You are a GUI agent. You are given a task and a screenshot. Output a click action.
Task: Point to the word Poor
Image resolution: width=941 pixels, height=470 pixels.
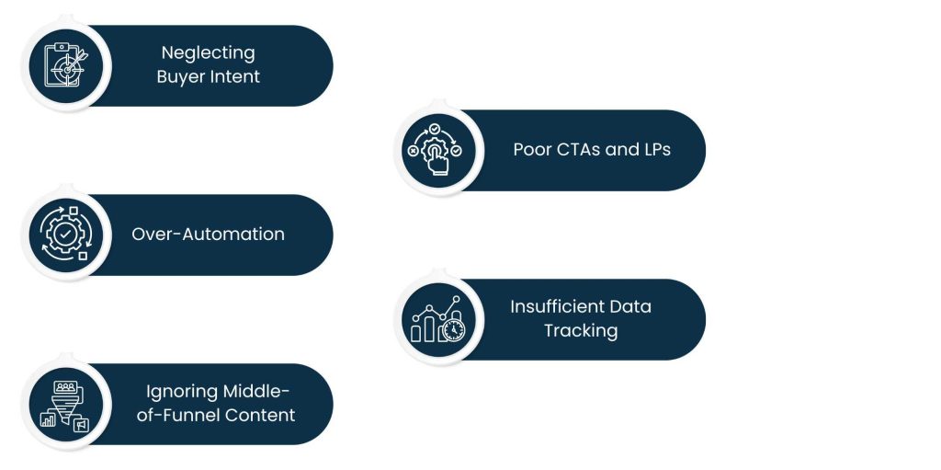(x=533, y=149)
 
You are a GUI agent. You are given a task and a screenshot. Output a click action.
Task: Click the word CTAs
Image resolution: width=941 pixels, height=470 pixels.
(x=581, y=149)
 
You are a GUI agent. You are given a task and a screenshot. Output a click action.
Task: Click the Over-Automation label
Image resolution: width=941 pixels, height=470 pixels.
(x=208, y=235)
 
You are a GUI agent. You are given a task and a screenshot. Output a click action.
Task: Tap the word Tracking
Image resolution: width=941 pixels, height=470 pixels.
(x=581, y=331)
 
